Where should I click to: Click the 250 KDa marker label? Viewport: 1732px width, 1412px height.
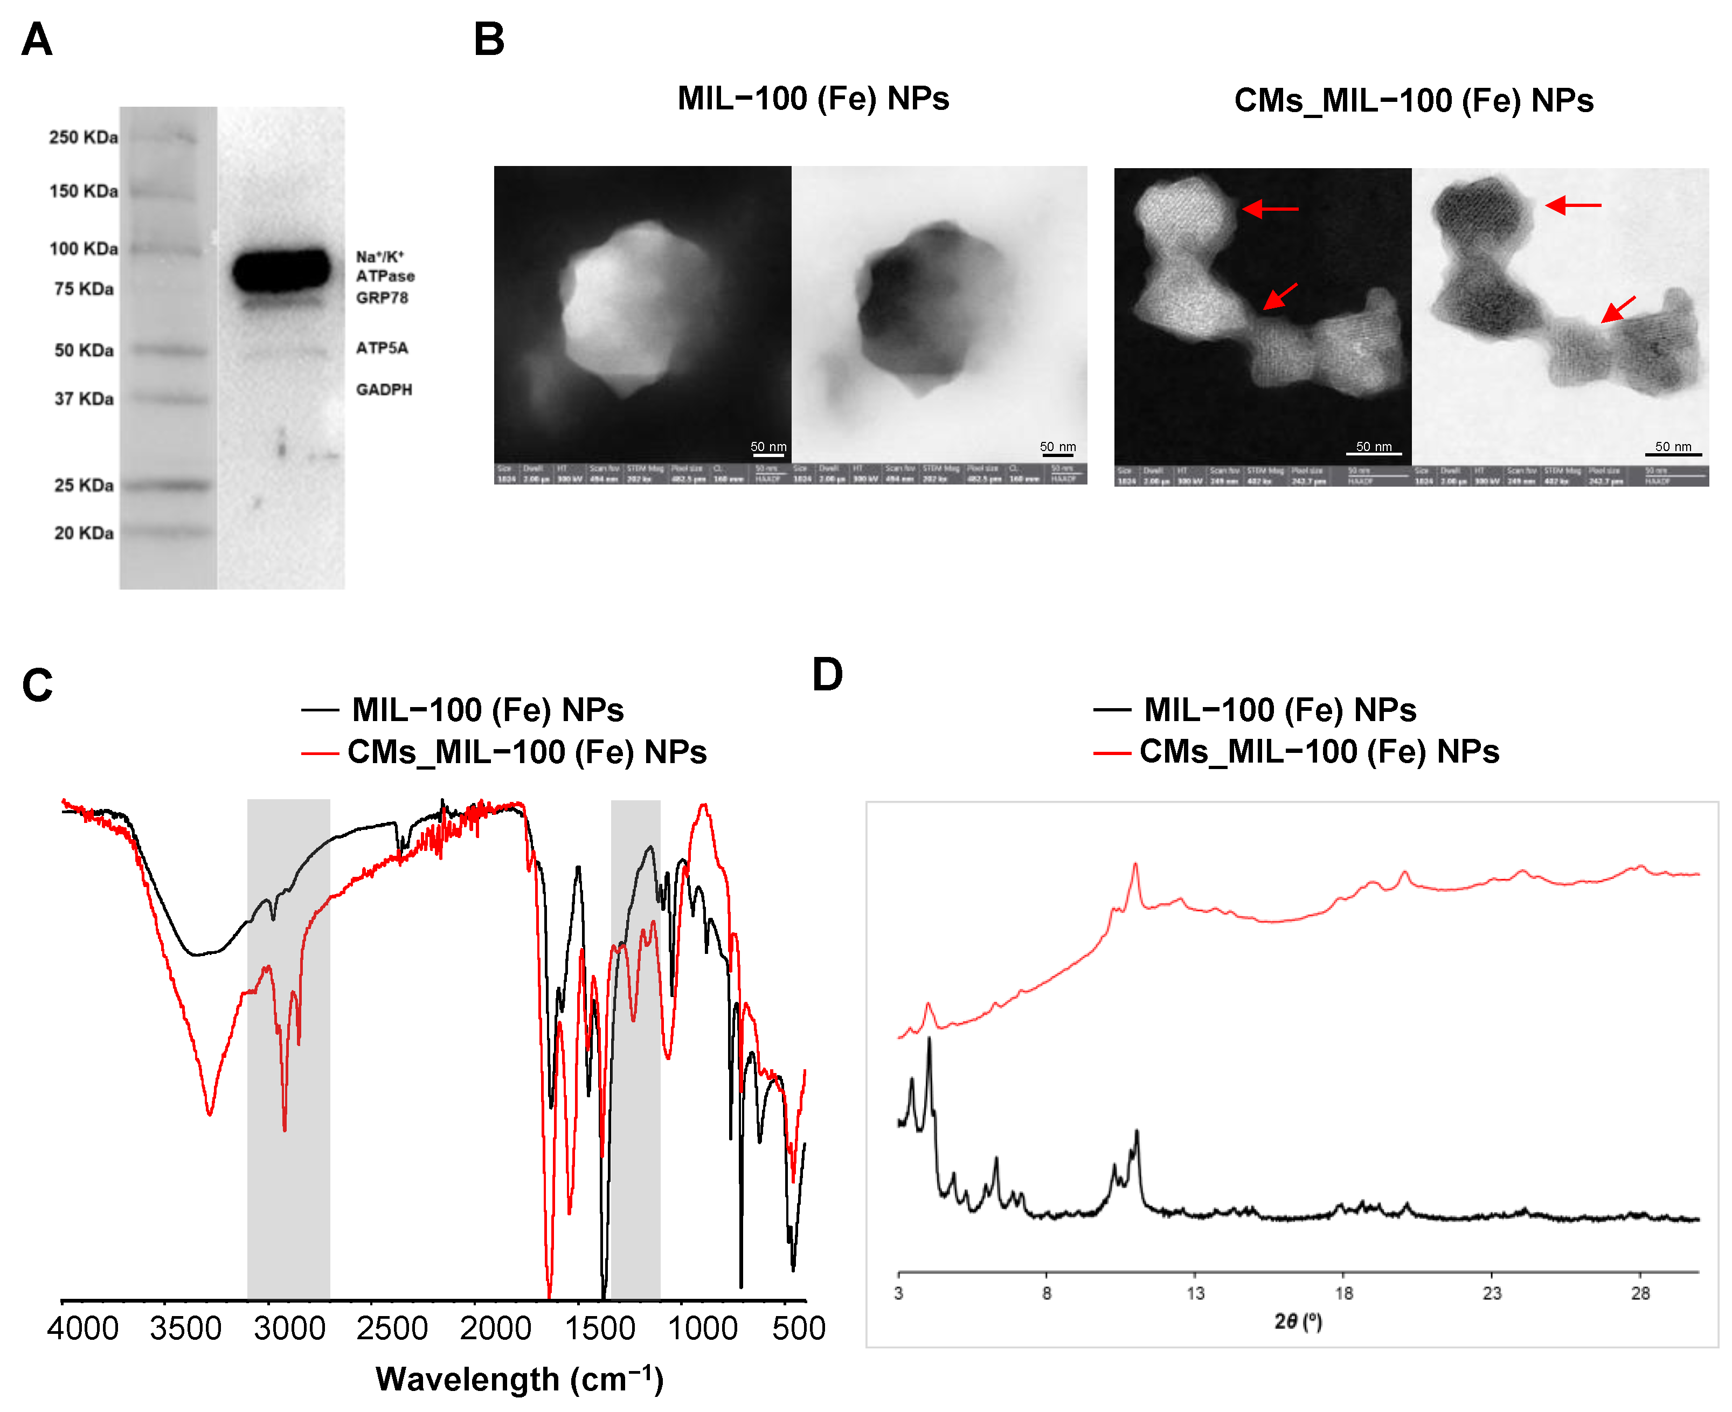point(83,137)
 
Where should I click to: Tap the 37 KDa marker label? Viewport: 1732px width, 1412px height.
point(83,399)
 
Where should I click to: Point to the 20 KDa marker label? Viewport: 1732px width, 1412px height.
point(83,533)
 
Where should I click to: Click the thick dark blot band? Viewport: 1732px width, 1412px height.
point(281,271)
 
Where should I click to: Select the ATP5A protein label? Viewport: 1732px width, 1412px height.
point(382,348)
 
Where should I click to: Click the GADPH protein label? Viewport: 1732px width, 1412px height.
point(384,390)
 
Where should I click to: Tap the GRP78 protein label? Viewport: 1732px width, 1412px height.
point(382,297)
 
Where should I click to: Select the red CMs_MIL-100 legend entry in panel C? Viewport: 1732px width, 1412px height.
point(504,752)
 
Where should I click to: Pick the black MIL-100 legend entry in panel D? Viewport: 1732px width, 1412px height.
point(1256,710)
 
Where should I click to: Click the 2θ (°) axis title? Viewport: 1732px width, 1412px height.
point(1298,1321)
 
